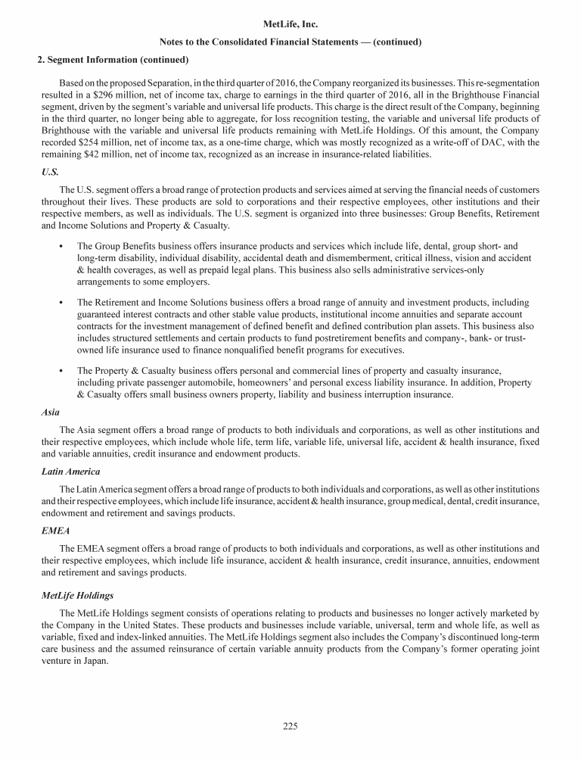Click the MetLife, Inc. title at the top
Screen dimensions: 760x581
point(290,24)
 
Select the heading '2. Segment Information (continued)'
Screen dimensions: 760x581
point(113,59)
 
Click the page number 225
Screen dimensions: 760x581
point(290,727)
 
